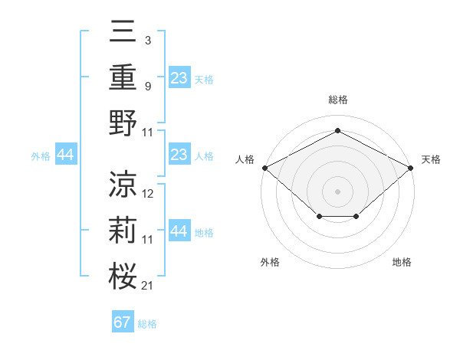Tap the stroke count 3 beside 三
point(147,39)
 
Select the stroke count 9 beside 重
point(147,86)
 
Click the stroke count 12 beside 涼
point(148,194)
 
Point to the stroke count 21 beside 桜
point(148,286)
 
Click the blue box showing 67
point(123,322)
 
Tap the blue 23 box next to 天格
point(179,78)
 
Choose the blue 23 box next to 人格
point(179,155)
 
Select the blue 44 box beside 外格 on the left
point(65,155)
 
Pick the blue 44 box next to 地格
point(179,232)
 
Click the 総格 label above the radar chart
point(337,100)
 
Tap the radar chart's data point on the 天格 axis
point(411,168)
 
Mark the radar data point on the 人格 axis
point(264,168)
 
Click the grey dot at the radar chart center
point(337,191)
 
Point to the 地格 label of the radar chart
point(402,263)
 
